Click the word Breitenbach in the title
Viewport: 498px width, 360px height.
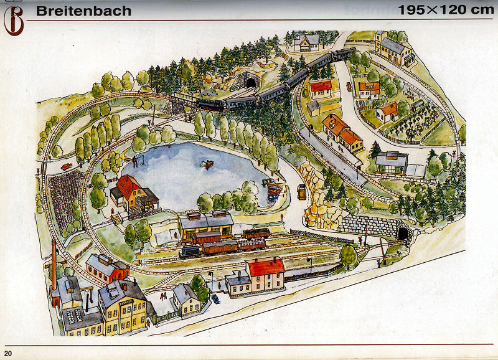[x=83, y=11]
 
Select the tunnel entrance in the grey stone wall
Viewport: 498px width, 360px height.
[x=403, y=234]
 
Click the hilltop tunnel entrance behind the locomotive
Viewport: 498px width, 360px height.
[x=250, y=82]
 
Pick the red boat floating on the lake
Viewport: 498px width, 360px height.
[x=206, y=164]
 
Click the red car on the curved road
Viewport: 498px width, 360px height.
[x=66, y=166]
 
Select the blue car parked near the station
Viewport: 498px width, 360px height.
[x=215, y=299]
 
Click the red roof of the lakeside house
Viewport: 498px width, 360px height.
[x=130, y=184]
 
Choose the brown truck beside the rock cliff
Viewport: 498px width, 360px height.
[x=302, y=192]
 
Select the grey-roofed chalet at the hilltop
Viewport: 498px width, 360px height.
[x=306, y=42]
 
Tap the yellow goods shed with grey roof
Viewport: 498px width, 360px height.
[x=205, y=223]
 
